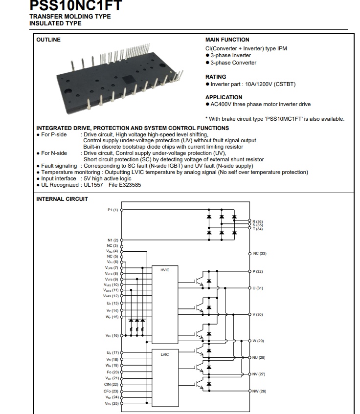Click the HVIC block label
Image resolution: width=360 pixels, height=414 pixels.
pyautogui.click(x=165, y=270)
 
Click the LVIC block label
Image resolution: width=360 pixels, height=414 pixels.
pyautogui.click(x=165, y=354)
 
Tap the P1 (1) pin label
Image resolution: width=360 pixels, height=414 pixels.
pyautogui.click(x=113, y=210)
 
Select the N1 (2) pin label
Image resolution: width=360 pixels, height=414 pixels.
pyautogui.click(x=113, y=240)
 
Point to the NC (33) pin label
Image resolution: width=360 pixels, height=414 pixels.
pyautogui.click(x=260, y=254)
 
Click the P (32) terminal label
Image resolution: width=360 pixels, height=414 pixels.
pyautogui.click(x=258, y=271)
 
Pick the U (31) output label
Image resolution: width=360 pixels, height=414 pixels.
pyautogui.click(x=258, y=288)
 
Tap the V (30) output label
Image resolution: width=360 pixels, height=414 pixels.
pyautogui.click(x=258, y=314)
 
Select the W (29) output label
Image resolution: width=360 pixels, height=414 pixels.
pyautogui.click(x=258, y=341)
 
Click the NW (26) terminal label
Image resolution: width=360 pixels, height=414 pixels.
pyautogui.click(x=259, y=391)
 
